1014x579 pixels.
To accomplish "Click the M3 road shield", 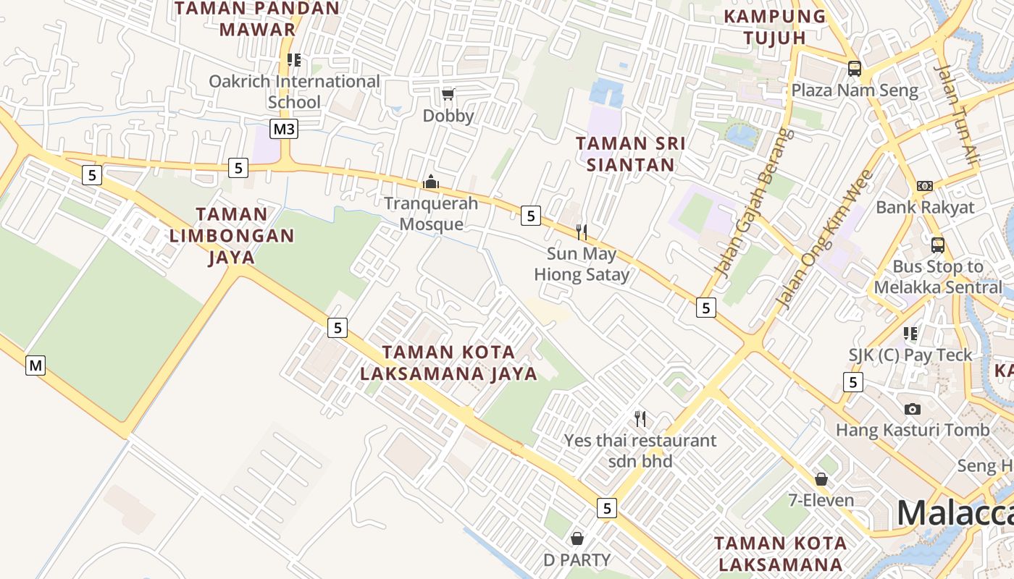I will (x=285, y=129).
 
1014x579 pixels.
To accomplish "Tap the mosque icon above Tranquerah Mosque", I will (x=431, y=182).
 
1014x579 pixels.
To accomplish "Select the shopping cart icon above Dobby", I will (x=448, y=94).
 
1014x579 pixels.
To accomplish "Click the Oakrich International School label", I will (x=294, y=91).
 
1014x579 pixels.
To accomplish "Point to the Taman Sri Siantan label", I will (x=630, y=153).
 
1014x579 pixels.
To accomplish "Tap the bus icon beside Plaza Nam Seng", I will (x=855, y=69).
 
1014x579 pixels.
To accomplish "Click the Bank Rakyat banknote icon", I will (x=924, y=186).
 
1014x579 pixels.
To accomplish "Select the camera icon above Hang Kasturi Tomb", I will (x=913, y=409).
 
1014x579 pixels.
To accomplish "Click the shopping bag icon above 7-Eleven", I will (x=821, y=479).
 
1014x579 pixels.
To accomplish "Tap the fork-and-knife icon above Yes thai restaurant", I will (x=640, y=418).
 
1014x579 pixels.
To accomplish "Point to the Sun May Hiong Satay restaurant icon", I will (x=581, y=232).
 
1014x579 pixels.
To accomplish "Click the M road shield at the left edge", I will (x=35, y=365).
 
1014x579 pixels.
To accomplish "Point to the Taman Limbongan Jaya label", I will (x=232, y=235).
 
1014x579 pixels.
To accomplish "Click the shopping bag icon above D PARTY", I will (x=577, y=538).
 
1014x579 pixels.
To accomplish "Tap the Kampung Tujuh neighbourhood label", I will (x=775, y=26).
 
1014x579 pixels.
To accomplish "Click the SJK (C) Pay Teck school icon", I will (x=910, y=334).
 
